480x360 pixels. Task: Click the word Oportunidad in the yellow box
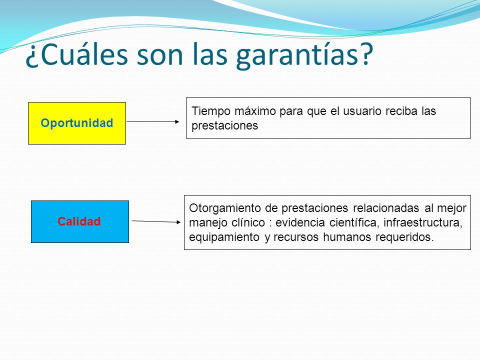(77, 123)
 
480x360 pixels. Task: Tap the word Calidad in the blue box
(79, 221)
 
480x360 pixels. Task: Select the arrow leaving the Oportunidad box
(153, 122)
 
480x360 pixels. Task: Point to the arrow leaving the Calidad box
(156, 221)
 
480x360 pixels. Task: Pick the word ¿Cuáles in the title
(76, 54)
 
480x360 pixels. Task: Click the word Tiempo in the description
(211, 111)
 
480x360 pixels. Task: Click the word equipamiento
(224, 237)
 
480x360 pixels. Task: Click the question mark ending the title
(365, 54)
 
